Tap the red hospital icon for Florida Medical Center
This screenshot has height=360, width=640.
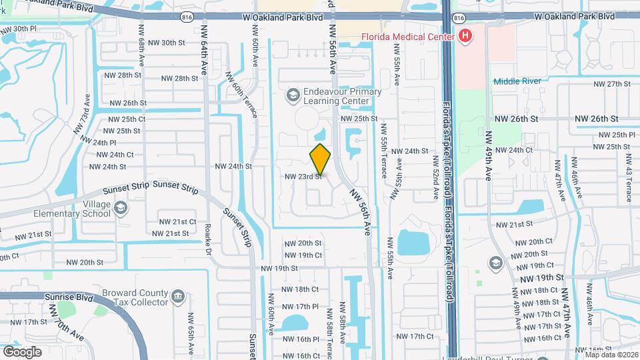click(x=465, y=36)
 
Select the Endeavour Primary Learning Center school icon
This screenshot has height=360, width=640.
click(x=292, y=96)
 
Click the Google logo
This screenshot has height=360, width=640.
click(x=22, y=351)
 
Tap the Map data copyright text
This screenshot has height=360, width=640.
click(x=611, y=354)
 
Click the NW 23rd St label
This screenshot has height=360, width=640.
click(x=303, y=177)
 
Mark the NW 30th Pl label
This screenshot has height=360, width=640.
click(x=19, y=29)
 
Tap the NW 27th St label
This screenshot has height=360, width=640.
click(x=612, y=84)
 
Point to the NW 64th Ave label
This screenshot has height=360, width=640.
click(x=205, y=56)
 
